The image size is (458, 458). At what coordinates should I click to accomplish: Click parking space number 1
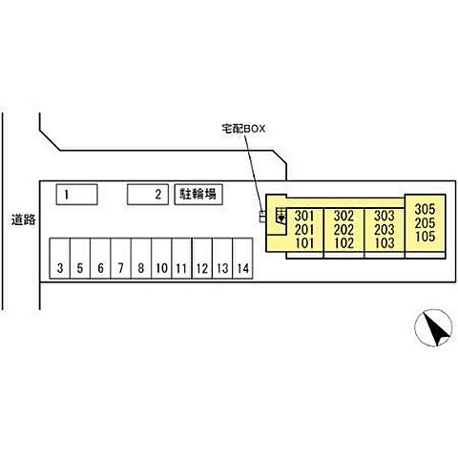pyautogui.click(x=76, y=195)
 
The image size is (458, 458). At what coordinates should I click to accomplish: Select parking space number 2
pyautogui.click(x=148, y=195)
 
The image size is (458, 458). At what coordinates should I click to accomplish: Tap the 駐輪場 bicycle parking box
pyautogui.click(x=198, y=195)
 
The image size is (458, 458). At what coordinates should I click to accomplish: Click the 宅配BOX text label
pyautogui.click(x=243, y=129)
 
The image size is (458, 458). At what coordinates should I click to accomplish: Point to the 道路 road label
pyautogui.click(x=23, y=219)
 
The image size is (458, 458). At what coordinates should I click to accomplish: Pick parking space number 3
pyautogui.click(x=59, y=259)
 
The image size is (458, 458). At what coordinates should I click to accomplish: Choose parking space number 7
pyautogui.click(x=120, y=259)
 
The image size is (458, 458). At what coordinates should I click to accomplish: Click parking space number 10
pyautogui.click(x=161, y=259)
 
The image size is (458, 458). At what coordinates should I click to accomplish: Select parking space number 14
pyautogui.click(x=242, y=259)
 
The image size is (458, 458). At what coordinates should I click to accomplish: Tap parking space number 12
pyautogui.click(x=202, y=259)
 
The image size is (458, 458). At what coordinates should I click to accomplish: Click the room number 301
pyautogui.click(x=304, y=216)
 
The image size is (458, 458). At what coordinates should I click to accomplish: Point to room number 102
pyautogui.click(x=343, y=243)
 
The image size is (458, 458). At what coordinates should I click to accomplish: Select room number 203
pyautogui.click(x=385, y=230)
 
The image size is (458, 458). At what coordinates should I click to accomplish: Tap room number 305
pyautogui.click(x=425, y=209)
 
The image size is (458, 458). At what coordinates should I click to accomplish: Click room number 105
pyautogui.click(x=425, y=237)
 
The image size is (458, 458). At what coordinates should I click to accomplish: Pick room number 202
pyautogui.click(x=343, y=230)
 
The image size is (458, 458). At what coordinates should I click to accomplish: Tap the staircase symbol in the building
pyautogui.click(x=281, y=217)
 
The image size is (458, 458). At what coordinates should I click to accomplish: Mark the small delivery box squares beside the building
pyautogui.click(x=262, y=217)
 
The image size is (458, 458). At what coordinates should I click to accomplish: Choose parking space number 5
pyautogui.click(x=80, y=259)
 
